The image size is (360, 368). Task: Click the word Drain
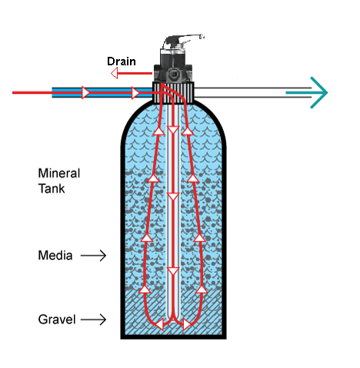pos(122,61)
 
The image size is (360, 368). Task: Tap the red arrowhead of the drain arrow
pos(115,74)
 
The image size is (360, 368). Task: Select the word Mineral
pos(59,174)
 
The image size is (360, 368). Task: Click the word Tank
pos(52,189)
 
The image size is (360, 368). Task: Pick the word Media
pos(55,255)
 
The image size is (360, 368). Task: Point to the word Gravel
pos(57,320)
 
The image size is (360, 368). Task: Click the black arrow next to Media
pos(93,256)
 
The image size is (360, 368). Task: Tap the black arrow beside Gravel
pos(93,320)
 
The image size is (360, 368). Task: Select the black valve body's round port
pos(174,75)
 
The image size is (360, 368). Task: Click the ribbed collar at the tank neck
pos(173,92)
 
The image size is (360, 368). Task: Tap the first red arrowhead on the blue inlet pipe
pos(85,92)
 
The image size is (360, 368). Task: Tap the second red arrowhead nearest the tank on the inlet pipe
pos(135,92)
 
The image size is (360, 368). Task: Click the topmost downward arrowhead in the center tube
pos(173,130)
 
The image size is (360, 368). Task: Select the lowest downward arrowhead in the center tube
pos(173,271)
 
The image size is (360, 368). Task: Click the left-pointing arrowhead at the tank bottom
pos(159,324)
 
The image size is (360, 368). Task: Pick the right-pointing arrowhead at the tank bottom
pos(187,324)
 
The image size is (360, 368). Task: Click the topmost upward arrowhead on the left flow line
pos(159,131)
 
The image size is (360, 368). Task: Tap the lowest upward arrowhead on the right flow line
pos(202,290)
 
